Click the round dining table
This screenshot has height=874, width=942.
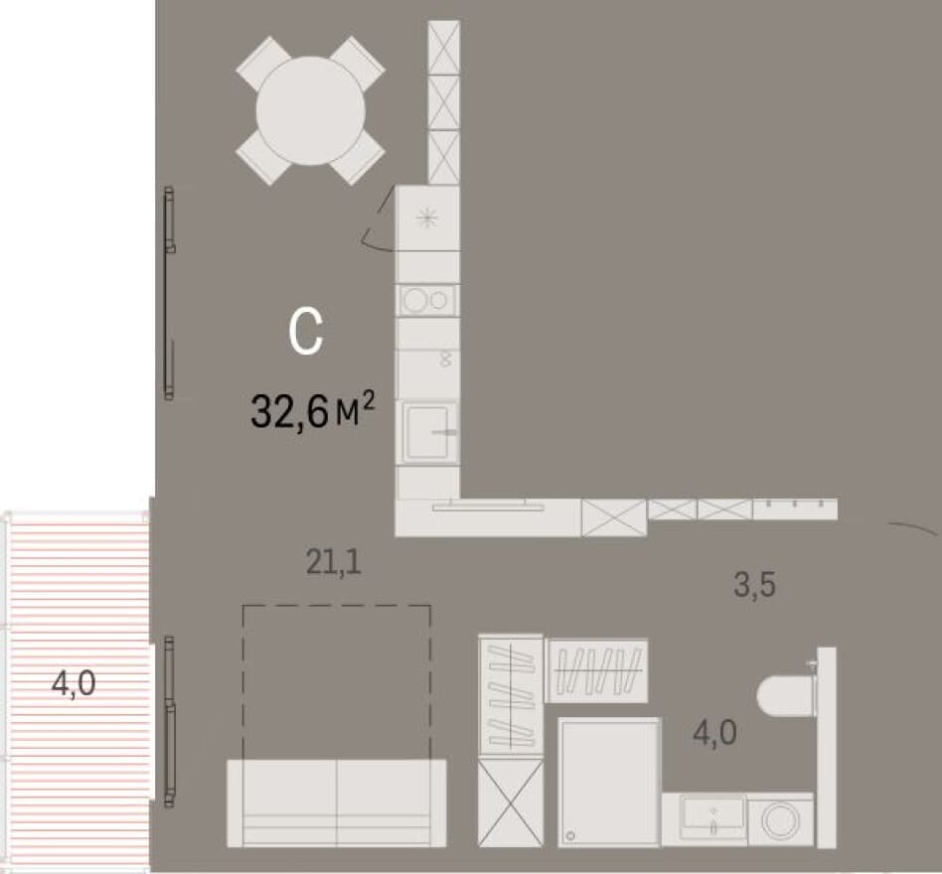(x=310, y=110)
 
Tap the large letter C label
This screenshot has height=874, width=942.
(x=306, y=332)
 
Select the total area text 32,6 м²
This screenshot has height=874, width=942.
(x=312, y=410)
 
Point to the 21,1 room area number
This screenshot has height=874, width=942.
(x=334, y=562)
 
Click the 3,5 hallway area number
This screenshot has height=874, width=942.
(x=754, y=585)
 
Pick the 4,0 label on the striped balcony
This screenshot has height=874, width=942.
(x=74, y=683)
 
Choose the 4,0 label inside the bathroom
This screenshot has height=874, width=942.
(x=714, y=732)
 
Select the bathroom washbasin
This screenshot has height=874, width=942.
(x=712, y=816)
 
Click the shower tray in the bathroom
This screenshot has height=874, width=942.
(x=609, y=783)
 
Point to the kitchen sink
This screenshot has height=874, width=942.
(x=429, y=432)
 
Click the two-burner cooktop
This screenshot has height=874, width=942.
(x=427, y=300)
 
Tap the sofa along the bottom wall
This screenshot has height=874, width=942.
(x=337, y=803)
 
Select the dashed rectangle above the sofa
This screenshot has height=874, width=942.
(x=337, y=606)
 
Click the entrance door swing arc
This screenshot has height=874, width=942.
(x=914, y=527)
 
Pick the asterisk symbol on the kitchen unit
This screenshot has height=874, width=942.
(x=427, y=218)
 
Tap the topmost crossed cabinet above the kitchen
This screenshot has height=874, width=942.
(x=444, y=48)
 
